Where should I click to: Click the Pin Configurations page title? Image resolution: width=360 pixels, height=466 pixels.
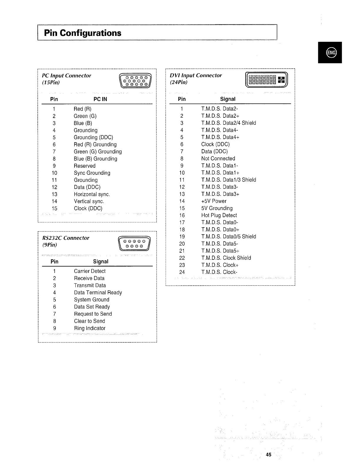click(83, 33)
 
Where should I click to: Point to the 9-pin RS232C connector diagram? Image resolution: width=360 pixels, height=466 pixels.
click(134, 244)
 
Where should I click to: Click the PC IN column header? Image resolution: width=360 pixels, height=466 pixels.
click(100, 99)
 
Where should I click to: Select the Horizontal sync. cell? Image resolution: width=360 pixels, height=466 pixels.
click(92, 194)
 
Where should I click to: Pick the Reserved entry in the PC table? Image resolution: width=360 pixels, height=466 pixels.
click(85, 166)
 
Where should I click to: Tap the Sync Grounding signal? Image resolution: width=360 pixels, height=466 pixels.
click(92, 173)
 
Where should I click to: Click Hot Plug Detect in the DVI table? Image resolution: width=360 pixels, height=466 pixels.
click(219, 215)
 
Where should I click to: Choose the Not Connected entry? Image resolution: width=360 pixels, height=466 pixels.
click(218, 159)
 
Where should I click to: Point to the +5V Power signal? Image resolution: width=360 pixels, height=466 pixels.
click(214, 201)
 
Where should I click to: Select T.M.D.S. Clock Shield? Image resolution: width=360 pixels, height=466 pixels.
click(226, 258)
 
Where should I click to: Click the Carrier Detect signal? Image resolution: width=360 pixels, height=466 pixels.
click(90, 271)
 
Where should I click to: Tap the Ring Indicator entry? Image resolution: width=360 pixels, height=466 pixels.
click(90, 328)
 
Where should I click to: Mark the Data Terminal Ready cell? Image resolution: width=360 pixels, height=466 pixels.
click(98, 293)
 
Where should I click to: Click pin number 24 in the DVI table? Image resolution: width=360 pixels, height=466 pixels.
click(182, 272)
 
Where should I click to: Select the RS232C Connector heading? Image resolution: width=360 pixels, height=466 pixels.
click(66, 238)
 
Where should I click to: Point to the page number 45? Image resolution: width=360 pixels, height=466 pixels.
click(268, 455)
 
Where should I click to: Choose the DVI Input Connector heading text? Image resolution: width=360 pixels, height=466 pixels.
click(196, 76)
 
